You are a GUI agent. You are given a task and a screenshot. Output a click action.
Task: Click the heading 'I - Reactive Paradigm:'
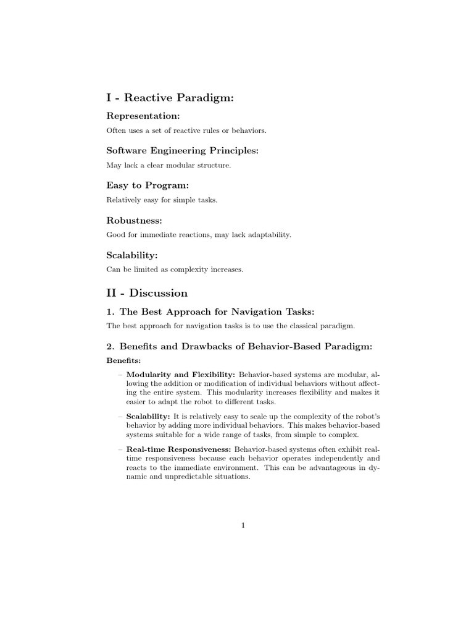[x=171, y=98]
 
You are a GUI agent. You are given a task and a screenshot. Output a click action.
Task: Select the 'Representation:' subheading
[x=143, y=116]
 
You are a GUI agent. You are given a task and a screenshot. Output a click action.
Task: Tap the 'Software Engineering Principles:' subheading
[x=182, y=150]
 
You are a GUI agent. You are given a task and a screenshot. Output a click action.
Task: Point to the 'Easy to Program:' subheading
[x=148, y=185]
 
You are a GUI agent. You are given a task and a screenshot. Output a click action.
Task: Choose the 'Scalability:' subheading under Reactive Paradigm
[x=133, y=254]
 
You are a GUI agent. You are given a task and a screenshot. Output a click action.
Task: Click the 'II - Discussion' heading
[x=147, y=292]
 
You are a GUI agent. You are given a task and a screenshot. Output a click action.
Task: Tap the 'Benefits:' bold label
[x=123, y=360]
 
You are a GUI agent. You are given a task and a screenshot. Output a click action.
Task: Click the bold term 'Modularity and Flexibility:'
[x=181, y=375]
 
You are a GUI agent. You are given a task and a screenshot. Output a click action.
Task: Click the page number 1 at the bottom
[x=243, y=525]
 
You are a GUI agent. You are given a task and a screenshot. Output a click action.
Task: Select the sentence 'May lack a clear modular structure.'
[x=168, y=165]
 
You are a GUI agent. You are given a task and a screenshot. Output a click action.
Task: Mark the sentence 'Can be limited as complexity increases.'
[x=175, y=269]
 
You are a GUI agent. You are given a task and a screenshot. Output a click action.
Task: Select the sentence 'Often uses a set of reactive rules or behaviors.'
[x=186, y=130]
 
